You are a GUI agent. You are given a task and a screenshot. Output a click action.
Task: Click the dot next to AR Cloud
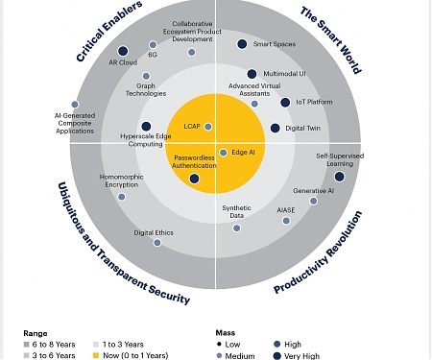(x=123, y=51)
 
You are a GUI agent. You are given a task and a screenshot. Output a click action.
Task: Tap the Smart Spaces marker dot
(x=242, y=44)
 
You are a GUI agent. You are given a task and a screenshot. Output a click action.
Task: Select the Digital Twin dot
(x=276, y=128)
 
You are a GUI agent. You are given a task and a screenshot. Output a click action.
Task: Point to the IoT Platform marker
(x=285, y=102)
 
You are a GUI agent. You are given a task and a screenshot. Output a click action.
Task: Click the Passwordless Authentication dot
(x=194, y=178)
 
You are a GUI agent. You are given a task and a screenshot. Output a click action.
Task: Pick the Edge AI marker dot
(x=223, y=153)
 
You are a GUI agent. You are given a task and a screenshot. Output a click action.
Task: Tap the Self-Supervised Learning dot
(x=340, y=176)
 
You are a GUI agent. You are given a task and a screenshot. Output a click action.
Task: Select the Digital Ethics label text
(x=153, y=233)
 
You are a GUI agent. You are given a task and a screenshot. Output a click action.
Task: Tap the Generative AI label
(x=313, y=191)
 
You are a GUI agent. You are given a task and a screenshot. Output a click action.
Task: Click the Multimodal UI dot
(x=252, y=73)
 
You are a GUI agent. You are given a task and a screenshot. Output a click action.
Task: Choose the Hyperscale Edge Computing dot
(x=146, y=126)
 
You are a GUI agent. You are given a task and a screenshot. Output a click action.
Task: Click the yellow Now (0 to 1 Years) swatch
(x=96, y=354)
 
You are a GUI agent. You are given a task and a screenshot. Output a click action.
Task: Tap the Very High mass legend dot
(x=277, y=355)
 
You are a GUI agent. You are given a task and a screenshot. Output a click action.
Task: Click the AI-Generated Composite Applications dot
(x=75, y=104)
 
